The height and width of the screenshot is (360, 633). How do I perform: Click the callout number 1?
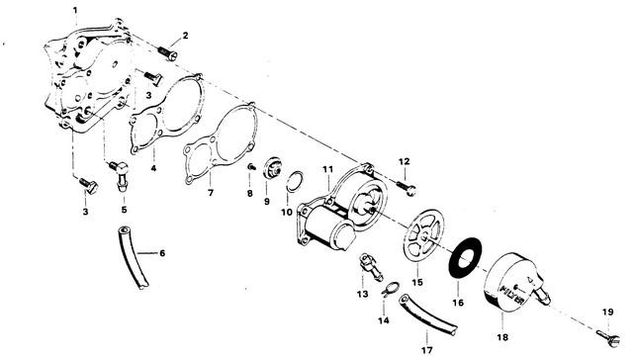pos(75,10)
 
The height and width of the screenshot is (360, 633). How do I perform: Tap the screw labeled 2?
pos(167,53)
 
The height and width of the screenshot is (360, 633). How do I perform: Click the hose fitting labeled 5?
pos(121,175)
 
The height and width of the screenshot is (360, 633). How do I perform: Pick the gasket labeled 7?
pos(221,143)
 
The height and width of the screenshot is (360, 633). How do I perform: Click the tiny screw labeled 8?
pos(250,167)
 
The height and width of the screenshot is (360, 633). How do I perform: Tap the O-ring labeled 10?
pos(295,181)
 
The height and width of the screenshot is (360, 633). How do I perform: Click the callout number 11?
pos(327,169)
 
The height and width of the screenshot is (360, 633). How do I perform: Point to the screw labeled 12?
pos(406,188)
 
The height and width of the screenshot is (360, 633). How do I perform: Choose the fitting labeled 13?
pos(371,267)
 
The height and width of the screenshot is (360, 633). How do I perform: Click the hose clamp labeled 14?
pos(390,290)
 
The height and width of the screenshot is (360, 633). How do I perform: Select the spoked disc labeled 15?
pos(423,231)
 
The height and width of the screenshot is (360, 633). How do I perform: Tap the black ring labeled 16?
pos(466,258)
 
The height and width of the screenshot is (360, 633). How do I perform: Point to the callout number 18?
pos(502,337)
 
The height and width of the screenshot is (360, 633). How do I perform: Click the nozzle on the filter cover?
pos(543,295)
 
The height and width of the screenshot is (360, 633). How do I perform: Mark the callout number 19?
pos(607,312)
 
